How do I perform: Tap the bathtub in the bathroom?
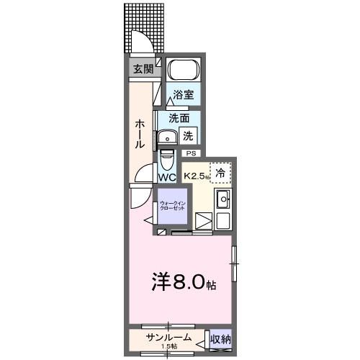(x=181, y=71)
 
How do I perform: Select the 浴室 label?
(x=182, y=94)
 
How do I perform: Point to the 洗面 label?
(x=179, y=118)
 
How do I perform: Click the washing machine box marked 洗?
(x=187, y=134)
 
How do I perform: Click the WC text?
(x=167, y=177)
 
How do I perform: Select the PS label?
(x=192, y=153)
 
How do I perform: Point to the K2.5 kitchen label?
(x=196, y=175)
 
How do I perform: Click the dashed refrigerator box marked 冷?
(x=221, y=172)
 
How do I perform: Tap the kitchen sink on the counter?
(x=223, y=199)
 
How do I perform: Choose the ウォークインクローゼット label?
(x=173, y=207)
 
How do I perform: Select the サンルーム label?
(x=168, y=337)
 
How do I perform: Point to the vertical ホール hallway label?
(x=140, y=135)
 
